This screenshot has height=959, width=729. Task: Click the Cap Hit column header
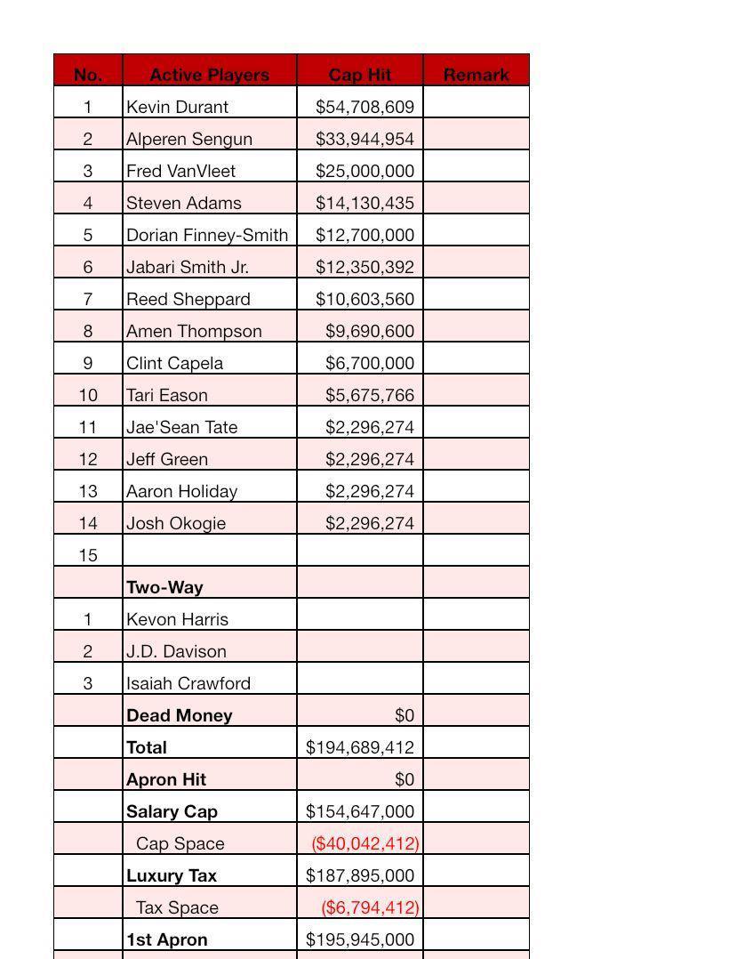tap(360, 75)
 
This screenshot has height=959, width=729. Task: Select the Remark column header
tap(476, 75)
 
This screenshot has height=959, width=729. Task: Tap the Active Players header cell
tap(209, 75)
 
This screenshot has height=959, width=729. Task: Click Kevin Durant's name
tap(177, 107)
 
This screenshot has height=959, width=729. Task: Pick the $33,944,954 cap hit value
tap(364, 139)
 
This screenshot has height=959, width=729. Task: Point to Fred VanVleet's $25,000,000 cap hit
tap(364, 171)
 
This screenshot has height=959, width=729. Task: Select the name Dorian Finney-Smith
tap(206, 235)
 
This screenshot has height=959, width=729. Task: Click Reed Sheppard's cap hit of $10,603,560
tap(364, 299)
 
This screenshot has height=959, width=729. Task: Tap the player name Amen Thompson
tap(194, 331)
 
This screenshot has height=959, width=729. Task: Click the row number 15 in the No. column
tap(88, 555)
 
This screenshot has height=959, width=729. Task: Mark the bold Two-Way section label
tap(164, 587)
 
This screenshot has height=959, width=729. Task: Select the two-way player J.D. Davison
tap(176, 651)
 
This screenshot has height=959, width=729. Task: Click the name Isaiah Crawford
tap(188, 683)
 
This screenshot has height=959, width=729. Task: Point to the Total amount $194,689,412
tap(360, 747)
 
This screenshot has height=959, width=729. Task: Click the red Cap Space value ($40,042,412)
tap(364, 843)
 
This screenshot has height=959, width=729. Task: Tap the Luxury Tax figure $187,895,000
tap(360, 875)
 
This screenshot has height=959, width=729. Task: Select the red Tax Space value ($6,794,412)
tap(370, 907)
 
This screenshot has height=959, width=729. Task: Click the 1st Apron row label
tap(166, 939)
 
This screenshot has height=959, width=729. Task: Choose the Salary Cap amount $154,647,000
tap(360, 811)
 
